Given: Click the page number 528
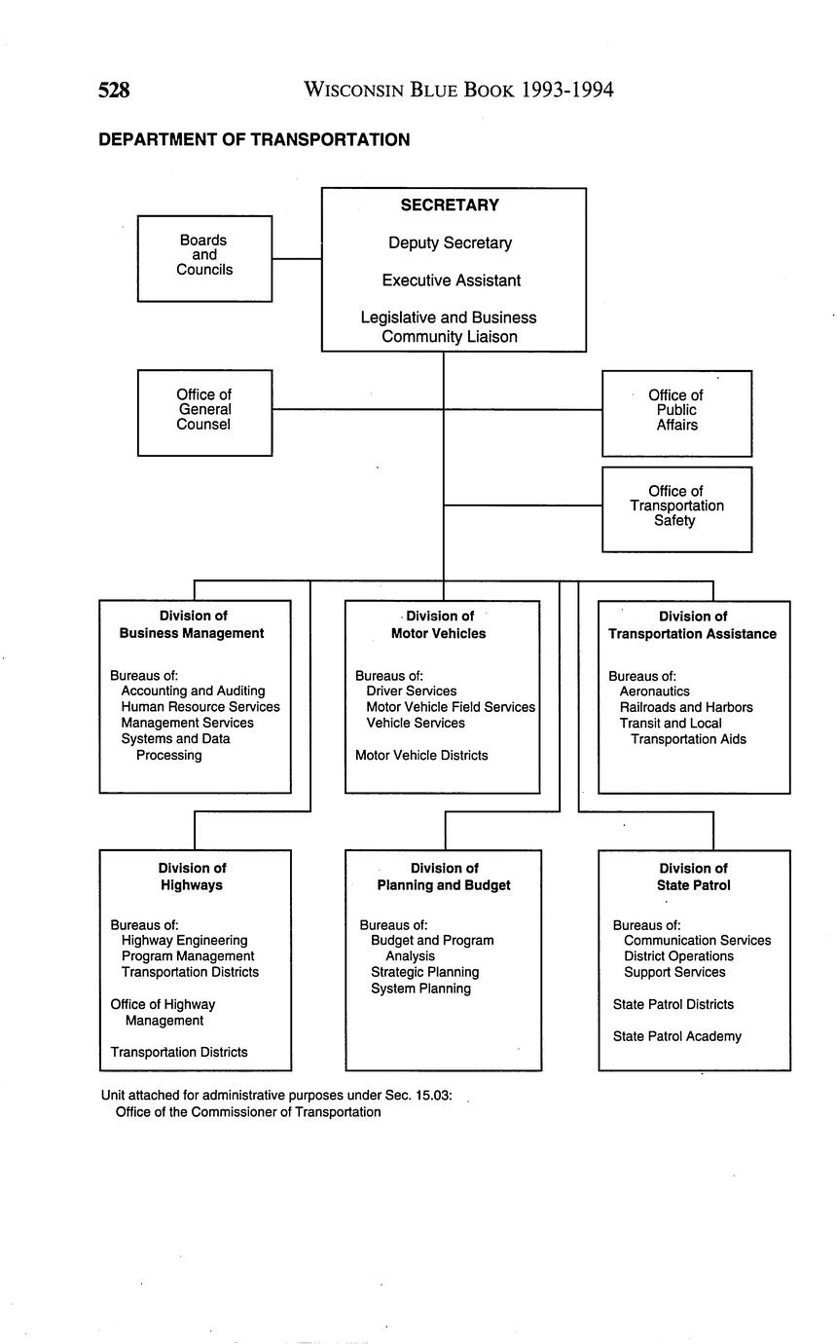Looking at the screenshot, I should pyautogui.click(x=114, y=91).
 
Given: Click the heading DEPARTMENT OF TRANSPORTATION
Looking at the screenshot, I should pyautogui.click(x=254, y=140).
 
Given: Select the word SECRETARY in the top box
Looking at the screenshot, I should pyautogui.click(x=450, y=205).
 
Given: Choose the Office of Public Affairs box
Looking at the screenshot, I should pyautogui.click(x=676, y=412).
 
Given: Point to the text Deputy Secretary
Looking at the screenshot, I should pyautogui.click(x=450, y=243).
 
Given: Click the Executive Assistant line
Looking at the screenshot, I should pyautogui.click(x=451, y=280).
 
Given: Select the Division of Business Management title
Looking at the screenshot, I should pyautogui.click(x=192, y=624).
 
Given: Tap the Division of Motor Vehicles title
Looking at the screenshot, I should pyautogui.click(x=439, y=624).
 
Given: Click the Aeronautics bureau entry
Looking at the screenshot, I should pyautogui.click(x=654, y=691).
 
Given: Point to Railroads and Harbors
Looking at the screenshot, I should pyautogui.click(x=686, y=707).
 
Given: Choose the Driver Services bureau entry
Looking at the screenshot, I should pyautogui.click(x=411, y=691).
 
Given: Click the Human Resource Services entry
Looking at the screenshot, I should pyautogui.click(x=200, y=707).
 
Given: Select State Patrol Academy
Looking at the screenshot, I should pyautogui.click(x=676, y=1036).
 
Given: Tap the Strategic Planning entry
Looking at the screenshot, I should pyautogui.click(x=424, y=972).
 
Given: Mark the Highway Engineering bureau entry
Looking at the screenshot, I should pyautogui.click(x=184, y=941).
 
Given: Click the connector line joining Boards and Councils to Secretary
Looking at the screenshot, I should pyautogui.click(x=297, y=259).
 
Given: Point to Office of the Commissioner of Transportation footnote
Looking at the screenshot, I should pyautogui.click(x=248, y=1112).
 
